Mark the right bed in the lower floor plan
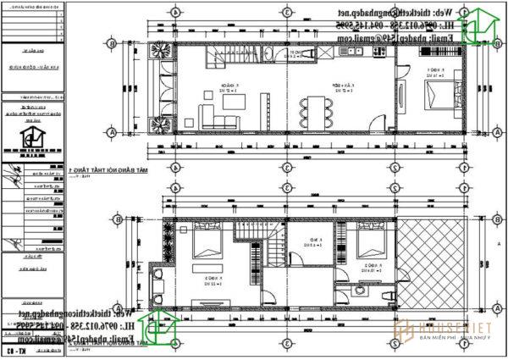(x=370, y=243)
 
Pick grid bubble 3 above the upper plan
(x=287, y=12)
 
